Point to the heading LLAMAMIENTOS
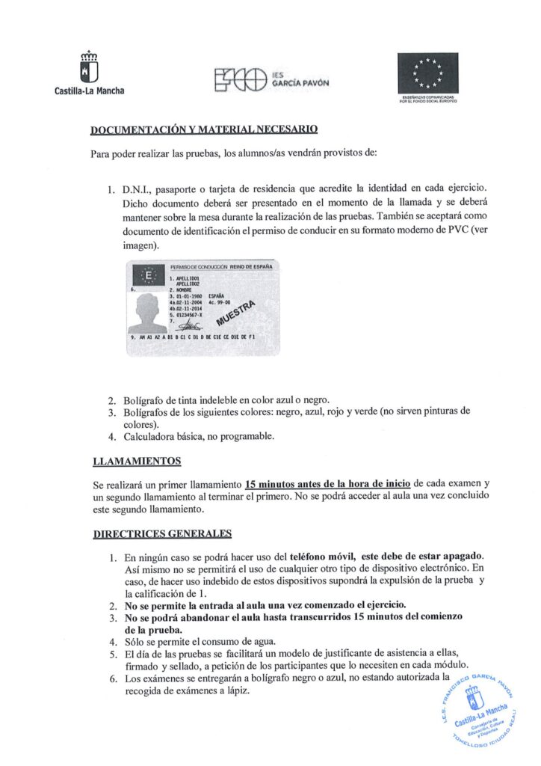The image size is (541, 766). click(136, 461)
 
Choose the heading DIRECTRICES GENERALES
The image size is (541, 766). click(161, 533)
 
